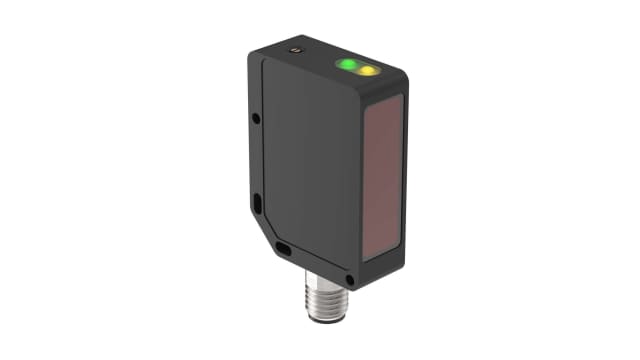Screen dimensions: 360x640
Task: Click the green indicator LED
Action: (347, 66)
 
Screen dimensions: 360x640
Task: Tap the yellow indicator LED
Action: (368, 71)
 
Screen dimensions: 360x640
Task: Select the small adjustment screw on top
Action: (295, 49)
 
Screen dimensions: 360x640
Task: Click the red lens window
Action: (382, 174)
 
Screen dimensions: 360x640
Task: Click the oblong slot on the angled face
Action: (284, 247)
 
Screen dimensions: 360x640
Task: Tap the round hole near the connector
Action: (349, 278)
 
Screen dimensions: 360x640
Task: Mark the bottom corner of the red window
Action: (366, 261)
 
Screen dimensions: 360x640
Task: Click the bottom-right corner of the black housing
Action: (355, 288)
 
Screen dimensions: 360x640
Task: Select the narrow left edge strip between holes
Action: (257, 160)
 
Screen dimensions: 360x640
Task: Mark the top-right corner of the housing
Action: (404, 75)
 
